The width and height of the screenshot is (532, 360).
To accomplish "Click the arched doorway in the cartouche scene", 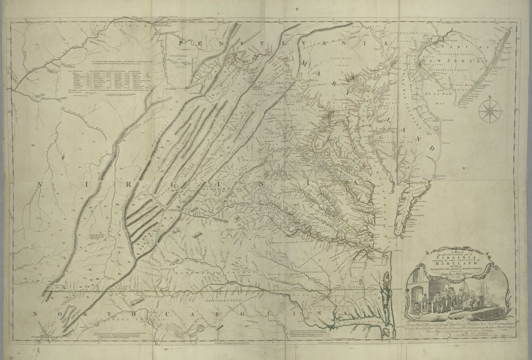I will [x=420, y=297].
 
